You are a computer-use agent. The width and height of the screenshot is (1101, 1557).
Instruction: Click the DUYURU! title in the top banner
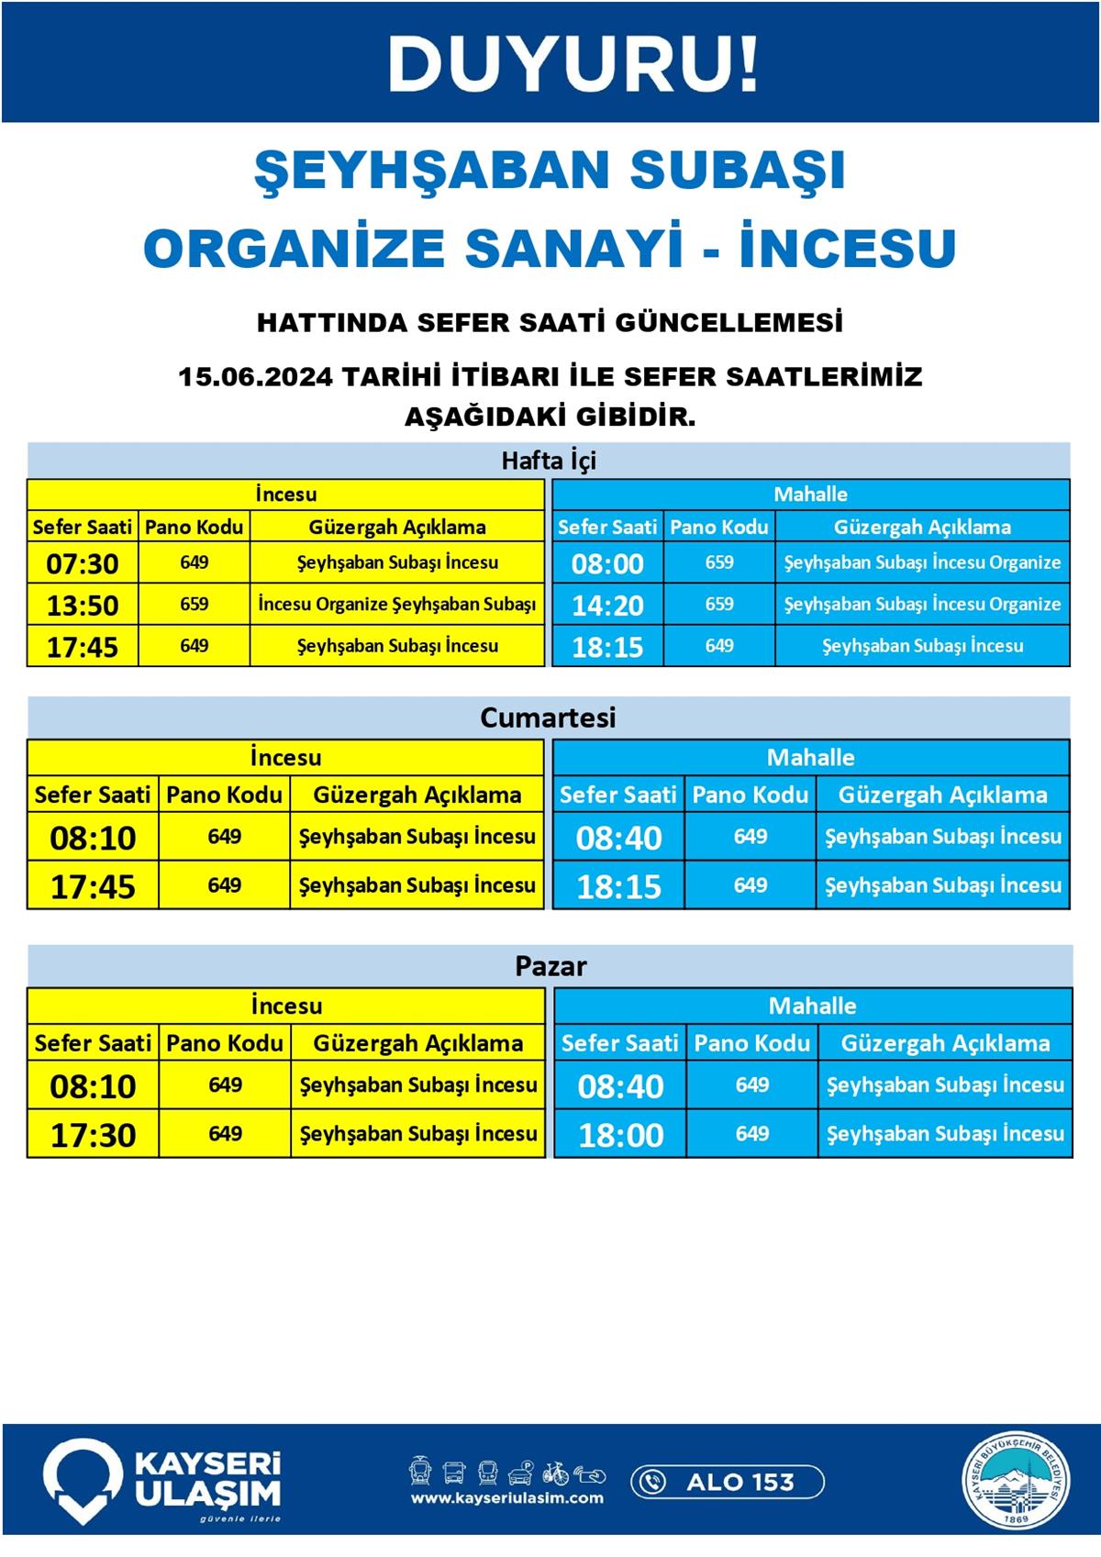pyautogui.click(x=573, y=63)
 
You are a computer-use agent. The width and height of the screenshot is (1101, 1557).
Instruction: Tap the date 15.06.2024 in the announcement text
pyautogui.click(x=254, y=377)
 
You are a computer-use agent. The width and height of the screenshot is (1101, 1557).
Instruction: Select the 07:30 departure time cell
pyautogui.click(x=83, y=563)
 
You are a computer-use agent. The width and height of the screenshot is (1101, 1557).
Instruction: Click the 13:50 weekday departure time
pyautogui.click(x=83, y=606)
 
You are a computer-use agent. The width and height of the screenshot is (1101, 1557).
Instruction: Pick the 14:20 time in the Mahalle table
pyautogui.click(x=607, y=606)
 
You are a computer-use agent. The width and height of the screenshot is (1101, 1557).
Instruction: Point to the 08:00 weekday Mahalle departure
pyautogui.click(x=607, y=563)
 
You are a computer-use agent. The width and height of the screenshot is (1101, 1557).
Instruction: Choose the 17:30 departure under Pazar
pyautogui.click(x=93, y=1135)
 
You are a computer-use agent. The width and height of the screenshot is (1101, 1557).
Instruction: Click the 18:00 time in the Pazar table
pyautogui.click(x=620, y=1135)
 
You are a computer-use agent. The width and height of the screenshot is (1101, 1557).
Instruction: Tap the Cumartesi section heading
pyautogui.click(x=548, y=717)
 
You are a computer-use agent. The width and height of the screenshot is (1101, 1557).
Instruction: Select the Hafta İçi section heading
pyautogui.click(x=548, y=460)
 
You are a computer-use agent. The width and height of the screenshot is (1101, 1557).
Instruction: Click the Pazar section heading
pyautogui.click(x=550, y=966)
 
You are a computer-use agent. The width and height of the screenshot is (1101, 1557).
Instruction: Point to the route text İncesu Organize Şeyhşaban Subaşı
pyautogui.click(x=397, y=605)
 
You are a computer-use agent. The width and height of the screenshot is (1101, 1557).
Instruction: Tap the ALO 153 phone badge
pyautogui.click(x=728, y=1482)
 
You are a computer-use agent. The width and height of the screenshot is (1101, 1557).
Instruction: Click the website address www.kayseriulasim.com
pyautogui.click(x=507, y=1498)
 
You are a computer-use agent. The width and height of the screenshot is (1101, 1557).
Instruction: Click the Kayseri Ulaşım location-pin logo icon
pyautogui.click(x=83, y=1480)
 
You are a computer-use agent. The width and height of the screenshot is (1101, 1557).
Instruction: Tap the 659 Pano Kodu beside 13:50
pyautogui.click(x=194, y=605)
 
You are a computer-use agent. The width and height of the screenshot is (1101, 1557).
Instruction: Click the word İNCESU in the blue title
pyautogui.click(x=849, y=248)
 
